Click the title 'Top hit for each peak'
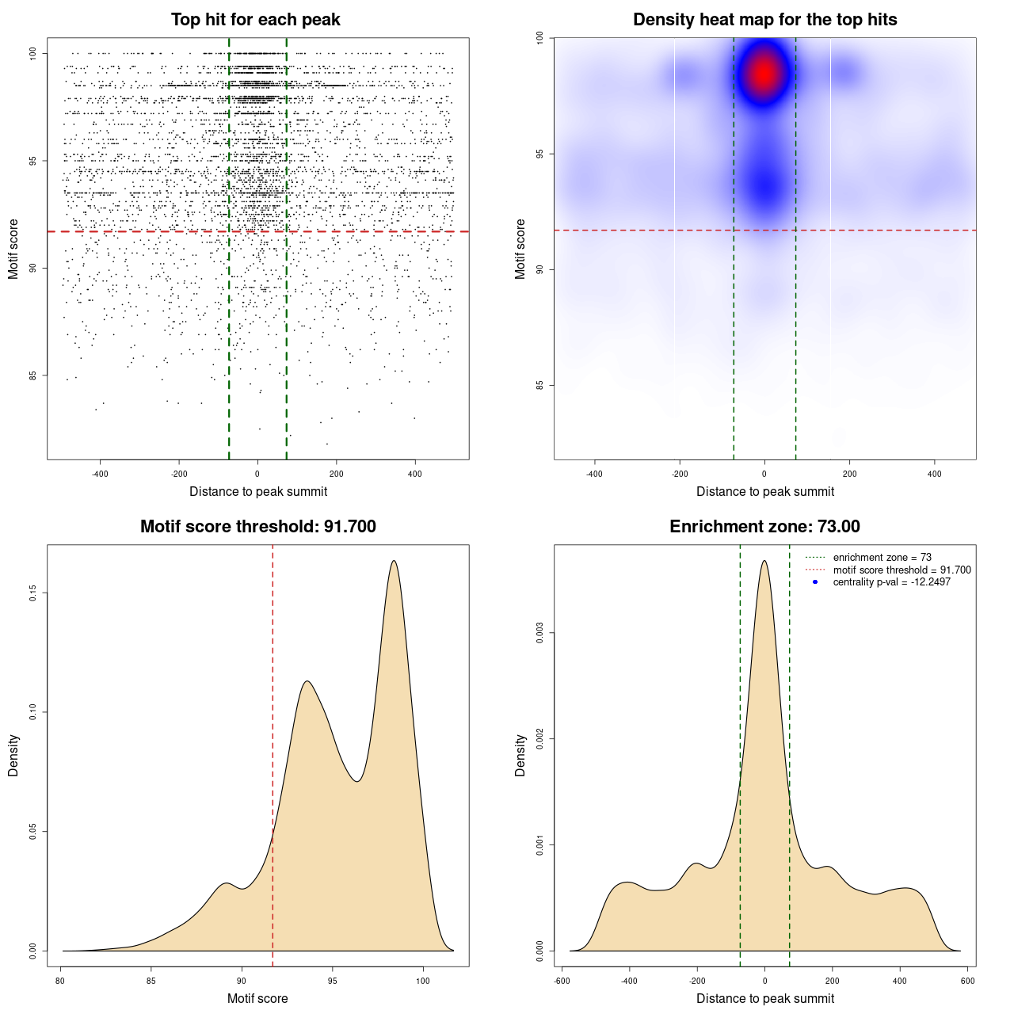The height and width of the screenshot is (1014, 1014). click(256, 20)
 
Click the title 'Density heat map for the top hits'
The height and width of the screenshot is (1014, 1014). click(764, 20)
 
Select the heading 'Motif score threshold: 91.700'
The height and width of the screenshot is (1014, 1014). click(257, 527)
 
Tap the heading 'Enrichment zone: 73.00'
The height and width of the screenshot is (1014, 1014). click(764, 527)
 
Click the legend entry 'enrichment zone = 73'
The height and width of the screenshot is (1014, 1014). click(882, 558)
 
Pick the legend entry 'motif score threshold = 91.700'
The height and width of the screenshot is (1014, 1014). click(902, 570)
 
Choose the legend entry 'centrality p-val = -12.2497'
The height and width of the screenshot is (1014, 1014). click(891, 582)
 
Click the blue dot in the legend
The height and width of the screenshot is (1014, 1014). click(815, 582)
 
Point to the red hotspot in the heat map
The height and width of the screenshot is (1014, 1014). click(764, 74)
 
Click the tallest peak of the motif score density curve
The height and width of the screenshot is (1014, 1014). click(394, 562)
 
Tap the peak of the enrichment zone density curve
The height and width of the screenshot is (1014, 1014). click(764, 562)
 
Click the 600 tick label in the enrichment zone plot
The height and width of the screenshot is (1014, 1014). click(967, 981)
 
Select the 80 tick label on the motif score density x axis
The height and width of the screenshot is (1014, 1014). click(61, 981)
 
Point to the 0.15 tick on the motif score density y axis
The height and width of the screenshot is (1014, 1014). click(32, 593)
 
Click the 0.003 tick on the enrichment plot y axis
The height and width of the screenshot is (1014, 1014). click(539, 633)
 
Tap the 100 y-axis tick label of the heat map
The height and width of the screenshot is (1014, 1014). click(539, 37)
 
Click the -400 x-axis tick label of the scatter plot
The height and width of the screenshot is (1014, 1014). click(100, 474)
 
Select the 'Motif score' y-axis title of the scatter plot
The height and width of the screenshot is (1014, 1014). click(13, 249)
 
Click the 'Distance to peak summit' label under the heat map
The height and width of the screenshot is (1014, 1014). click(764, 491)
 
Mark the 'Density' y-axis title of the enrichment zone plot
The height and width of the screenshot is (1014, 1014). click(520, 755)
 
